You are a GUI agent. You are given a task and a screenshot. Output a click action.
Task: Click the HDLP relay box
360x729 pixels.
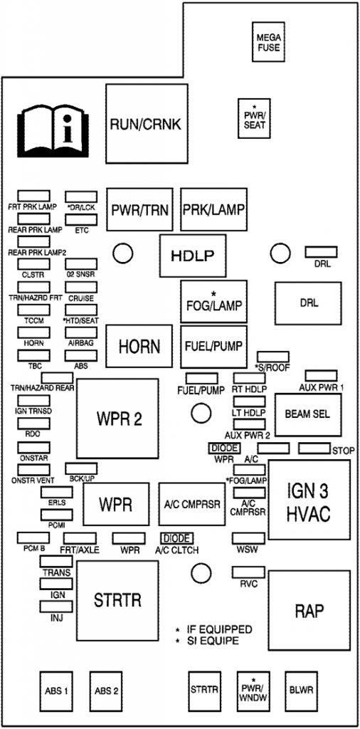(x=192, y=256)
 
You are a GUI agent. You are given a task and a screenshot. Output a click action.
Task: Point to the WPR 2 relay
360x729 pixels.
(x=117, y=418)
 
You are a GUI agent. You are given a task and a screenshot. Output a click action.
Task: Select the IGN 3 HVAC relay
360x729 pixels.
(x=309, y=501)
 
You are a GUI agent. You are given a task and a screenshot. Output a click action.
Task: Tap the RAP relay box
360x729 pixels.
(x=309, y=610)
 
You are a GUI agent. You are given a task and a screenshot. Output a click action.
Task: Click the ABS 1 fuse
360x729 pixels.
(x=56, y=690)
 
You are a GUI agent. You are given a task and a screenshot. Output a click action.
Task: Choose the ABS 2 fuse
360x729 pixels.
(x=106, y=690)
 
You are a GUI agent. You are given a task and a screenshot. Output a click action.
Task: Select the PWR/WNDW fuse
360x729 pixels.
(x=253, y=690)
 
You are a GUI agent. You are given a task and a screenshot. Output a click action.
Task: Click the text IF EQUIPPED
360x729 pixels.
(x=219, y=630)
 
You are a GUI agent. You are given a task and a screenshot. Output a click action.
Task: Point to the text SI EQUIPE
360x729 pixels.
(x=213, y=641)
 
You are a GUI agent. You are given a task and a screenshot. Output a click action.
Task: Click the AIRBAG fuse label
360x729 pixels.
(x=80, y=342)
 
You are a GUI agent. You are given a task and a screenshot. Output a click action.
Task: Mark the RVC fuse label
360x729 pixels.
(x=248, y=584)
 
